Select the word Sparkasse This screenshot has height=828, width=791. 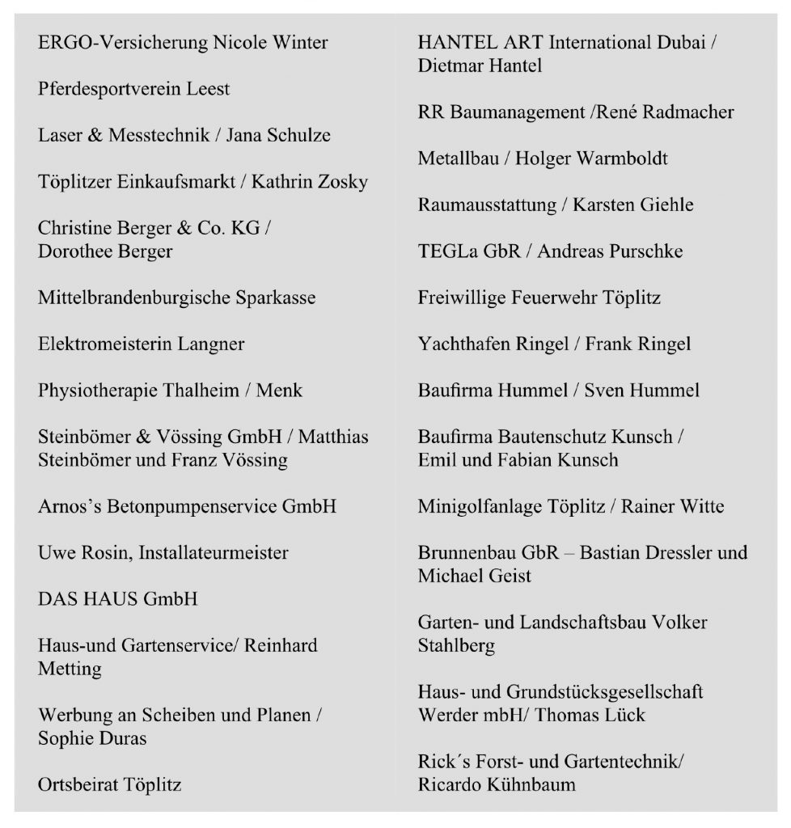pyautogui.click(x=271, y=298)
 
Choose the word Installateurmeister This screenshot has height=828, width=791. pyautogui.click(x=214, y=553)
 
